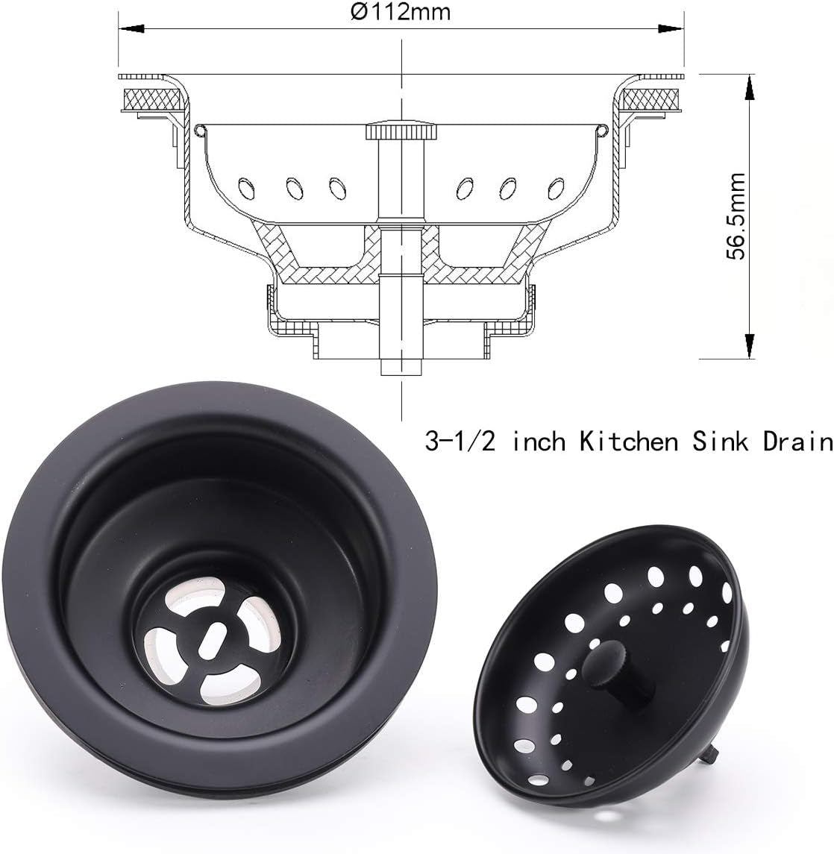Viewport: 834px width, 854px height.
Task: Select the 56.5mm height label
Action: pyautogui.click(x=737, y=216)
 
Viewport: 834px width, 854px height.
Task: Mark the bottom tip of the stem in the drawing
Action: pyautogui.click(x=401, y=370)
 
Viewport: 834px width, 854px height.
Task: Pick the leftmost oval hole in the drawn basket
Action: pyautogui.click(x=244, y=184)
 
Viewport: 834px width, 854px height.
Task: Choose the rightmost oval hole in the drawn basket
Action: pyautogui.click(x=556, y=184)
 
